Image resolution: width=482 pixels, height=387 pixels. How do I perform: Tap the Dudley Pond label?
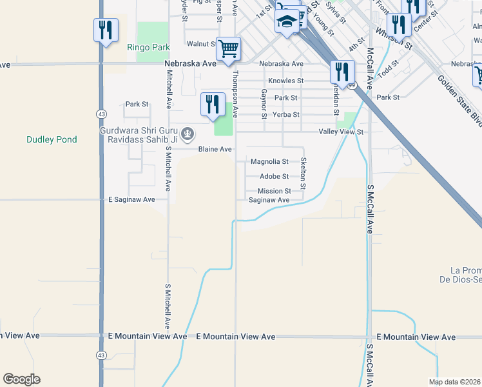click(52, 139)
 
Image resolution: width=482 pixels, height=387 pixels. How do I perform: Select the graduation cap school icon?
click(287, 23)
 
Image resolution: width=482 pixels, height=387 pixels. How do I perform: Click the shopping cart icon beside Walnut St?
click(228, 48)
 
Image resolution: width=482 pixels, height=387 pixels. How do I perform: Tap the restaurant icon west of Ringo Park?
click(106, 30)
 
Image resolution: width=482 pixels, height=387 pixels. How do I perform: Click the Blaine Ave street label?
click(215, 149)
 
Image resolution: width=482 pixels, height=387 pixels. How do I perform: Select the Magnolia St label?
click(269, 161)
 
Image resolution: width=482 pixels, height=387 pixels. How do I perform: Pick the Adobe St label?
click(274, 176)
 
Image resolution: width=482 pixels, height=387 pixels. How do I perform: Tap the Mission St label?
click(274, 191)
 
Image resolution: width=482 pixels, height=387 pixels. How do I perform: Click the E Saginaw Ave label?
click(131, 200)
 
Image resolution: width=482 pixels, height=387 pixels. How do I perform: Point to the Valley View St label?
click(342, 132)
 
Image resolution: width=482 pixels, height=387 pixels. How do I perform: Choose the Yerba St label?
click(287, 115)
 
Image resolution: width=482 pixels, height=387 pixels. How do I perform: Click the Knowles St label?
click(285, 81)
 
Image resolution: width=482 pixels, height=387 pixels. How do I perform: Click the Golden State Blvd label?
click(459, 97)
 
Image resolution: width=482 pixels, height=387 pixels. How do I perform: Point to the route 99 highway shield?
click(351, 84)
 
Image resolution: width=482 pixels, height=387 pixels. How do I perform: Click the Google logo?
click(21, 379)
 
